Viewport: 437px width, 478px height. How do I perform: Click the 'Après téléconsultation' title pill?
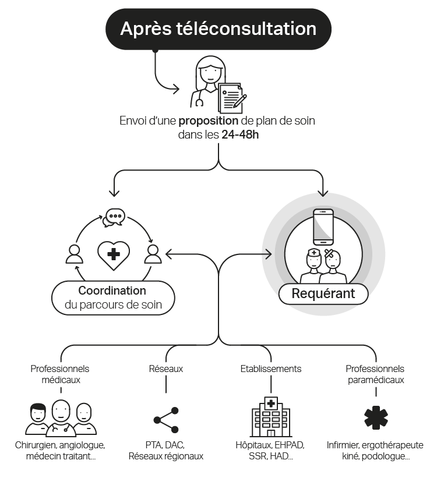tap(218, 29)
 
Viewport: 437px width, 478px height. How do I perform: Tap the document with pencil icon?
tap(232, 98)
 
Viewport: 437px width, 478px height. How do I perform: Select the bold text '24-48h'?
tap(240, 135)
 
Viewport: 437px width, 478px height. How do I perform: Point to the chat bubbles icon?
tap(114, 217)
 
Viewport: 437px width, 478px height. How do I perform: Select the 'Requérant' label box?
tap(323, 293)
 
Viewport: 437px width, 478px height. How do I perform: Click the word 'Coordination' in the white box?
tap(112, 291)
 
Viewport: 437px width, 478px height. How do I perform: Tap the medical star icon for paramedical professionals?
tap(375, 418)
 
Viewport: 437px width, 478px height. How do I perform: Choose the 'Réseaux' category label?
tap(166, 369)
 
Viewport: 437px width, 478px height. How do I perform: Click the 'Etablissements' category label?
tap(271, 369)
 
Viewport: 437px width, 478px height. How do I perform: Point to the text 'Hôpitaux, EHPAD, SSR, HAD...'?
tap(271, 451)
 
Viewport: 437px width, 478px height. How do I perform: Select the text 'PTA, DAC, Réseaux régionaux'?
tap(166, 451)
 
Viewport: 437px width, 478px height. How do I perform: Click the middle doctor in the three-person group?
tap(61, 416)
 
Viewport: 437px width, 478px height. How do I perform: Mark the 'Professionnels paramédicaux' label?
tap(375, 374)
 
